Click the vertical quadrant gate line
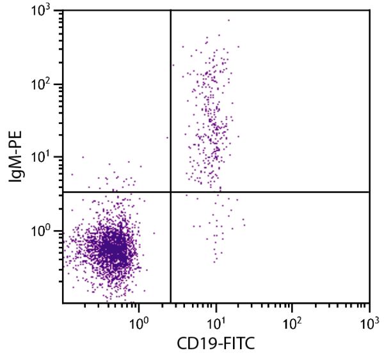pyautogui.click(x=171, y=96)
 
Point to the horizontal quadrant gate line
pyautogui.click(x=269, y=192)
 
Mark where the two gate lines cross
pyautogui.click(x=171, y=192)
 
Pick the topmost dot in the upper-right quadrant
pyautogui.click(x=228, y=20)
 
